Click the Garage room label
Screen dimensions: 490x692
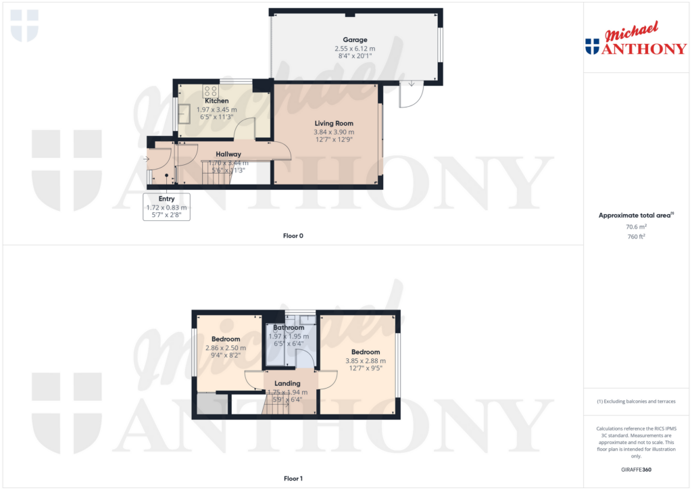point(355,40)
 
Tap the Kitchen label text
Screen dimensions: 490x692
point(217,101)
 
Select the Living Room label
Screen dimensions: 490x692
point(334,123)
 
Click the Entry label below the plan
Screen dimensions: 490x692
point(166,199)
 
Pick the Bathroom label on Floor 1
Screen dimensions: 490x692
point(289,328)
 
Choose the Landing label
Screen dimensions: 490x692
point(287,383)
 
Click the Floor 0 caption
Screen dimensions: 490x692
point(293,236)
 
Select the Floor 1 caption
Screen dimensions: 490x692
point(293,479)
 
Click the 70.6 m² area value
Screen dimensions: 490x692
point(635,228)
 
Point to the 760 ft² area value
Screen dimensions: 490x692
point(635,237)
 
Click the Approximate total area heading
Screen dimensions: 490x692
point(634,216)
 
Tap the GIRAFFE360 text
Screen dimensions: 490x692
point(636,470)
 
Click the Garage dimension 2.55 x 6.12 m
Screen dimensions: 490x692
point(355,49)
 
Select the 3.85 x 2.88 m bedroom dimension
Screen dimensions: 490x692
point(365,361)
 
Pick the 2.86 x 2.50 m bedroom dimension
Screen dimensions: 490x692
point(226,347)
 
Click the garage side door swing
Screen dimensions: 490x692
point(410,95)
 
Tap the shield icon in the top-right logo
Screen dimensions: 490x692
point(592,46)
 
